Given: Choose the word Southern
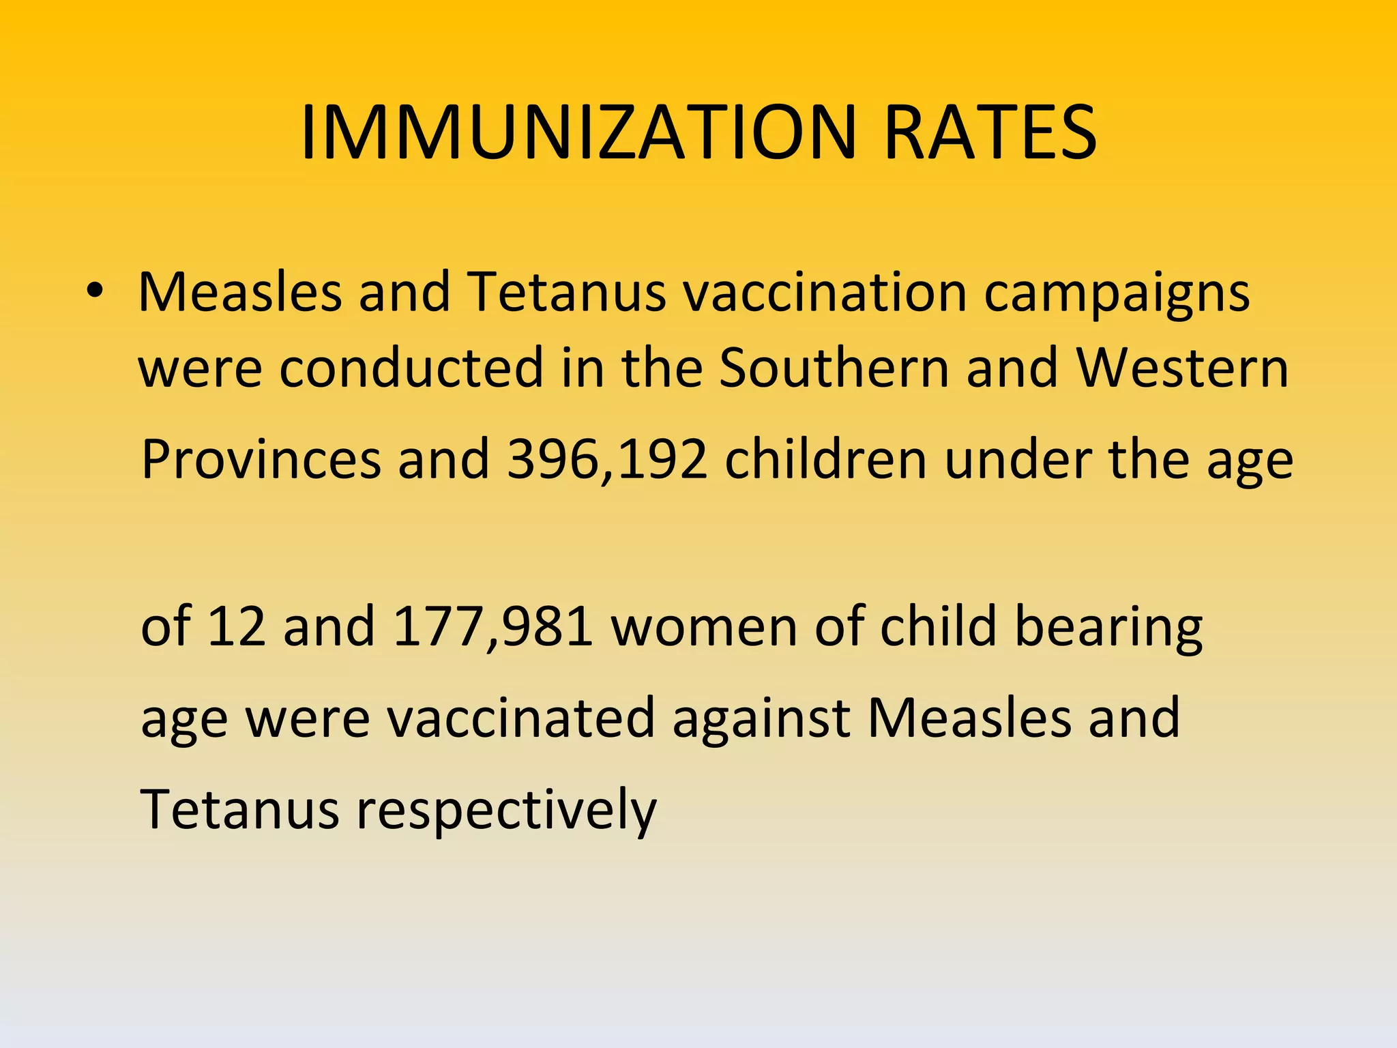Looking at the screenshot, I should (834, 368).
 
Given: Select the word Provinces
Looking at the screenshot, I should (261, 460).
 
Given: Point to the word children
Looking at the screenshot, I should (825, 460).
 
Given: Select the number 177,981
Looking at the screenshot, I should (493, 626).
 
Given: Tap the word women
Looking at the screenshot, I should (705, 626).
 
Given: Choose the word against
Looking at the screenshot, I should (761, 719).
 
